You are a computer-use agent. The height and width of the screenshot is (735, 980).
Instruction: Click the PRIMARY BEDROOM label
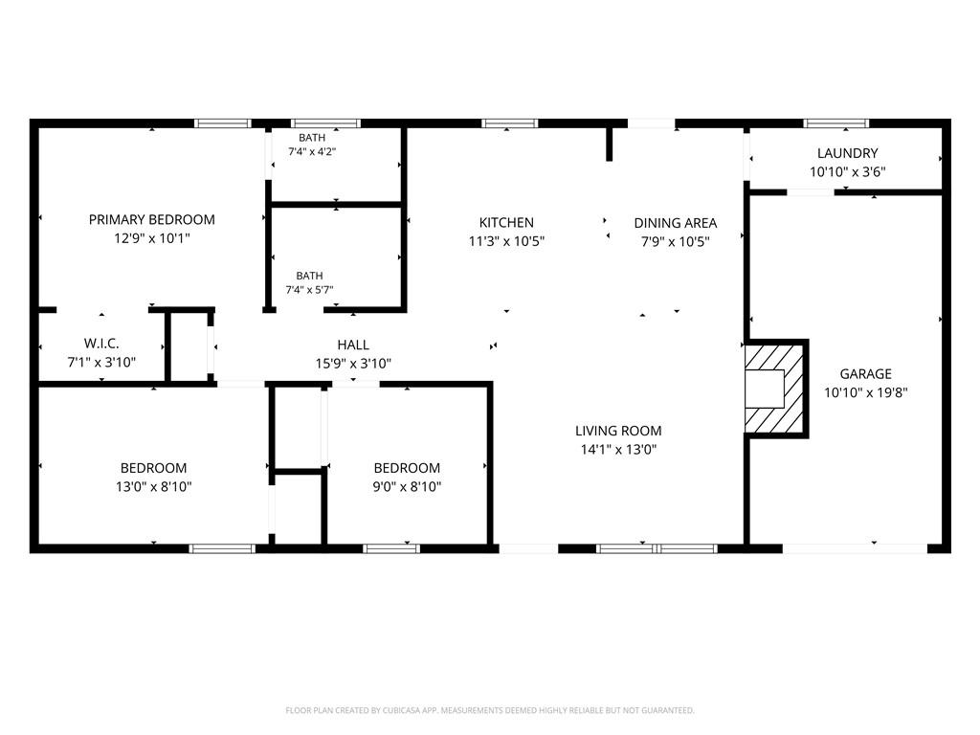[x=152, y=220]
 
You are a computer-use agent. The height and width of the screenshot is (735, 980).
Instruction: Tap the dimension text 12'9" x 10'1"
[x=152, y=238]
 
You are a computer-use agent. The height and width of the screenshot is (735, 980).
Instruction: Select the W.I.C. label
[x=101, y=344]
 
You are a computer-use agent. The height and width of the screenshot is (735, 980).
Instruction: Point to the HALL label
[x=353, y=345]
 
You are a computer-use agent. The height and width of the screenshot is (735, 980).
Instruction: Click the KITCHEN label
[x=506, y=222]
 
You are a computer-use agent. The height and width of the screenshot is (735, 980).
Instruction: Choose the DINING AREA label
[x=676, y=223]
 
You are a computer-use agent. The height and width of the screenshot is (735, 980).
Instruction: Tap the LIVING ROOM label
[x=618, y=431]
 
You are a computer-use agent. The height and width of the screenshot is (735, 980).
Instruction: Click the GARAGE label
[x=865, y=374]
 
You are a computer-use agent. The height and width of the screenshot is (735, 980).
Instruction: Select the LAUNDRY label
[x=848, y=153]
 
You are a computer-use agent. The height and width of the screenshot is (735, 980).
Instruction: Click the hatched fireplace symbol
[x=775, y=389]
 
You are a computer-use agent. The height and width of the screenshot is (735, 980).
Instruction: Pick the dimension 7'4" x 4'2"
[x=312, y=151]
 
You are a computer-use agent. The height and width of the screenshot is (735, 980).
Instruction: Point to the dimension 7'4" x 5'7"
[x=309, y=289]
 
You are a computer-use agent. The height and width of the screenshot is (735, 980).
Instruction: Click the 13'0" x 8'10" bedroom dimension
[x=154, y=486]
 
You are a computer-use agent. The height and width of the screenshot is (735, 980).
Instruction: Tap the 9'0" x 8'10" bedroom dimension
[x=407, y=486]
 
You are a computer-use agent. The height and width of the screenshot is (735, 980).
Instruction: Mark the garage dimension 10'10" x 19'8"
[x=865, y=391]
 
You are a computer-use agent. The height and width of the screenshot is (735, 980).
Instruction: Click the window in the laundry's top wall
[x=836, y=123]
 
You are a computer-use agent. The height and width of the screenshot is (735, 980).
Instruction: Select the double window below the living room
[x=657, y=548]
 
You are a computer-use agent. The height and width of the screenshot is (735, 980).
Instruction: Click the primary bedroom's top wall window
[x=222, y=123]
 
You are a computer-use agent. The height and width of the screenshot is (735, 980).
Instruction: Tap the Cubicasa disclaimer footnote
[x=490, y=710]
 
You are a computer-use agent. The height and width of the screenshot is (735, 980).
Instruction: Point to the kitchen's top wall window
[x=509, y=123]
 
